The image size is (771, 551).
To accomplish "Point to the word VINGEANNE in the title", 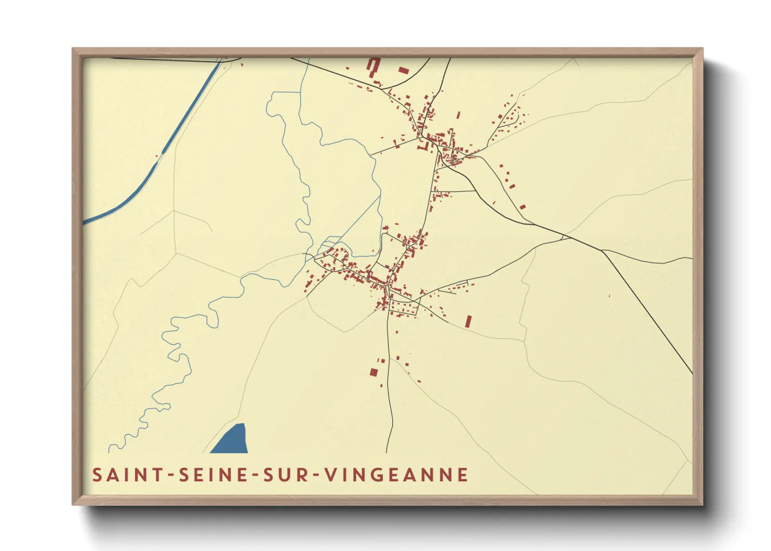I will click(396, 475).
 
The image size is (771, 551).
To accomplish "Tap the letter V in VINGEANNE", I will click(331, 475).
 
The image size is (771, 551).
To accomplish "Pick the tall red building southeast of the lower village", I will click(468, 321).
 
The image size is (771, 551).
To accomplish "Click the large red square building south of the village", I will click(374, 372).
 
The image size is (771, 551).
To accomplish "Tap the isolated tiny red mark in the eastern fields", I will click(609, 296).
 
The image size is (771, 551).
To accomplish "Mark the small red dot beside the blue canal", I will click(156, 155).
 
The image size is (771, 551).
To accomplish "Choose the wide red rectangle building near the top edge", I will click(404, 70).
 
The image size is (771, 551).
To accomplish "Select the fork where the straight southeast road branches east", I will click(602, 251).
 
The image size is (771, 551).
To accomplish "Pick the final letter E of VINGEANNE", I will click(462, 475).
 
